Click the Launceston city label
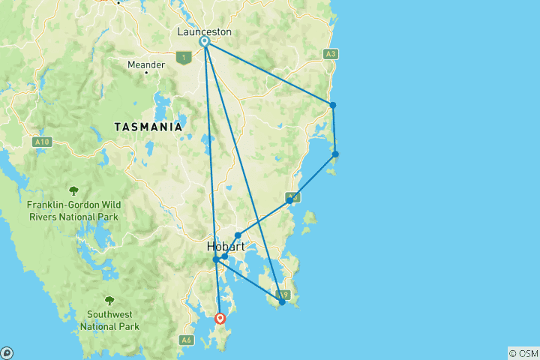click(x=204, y=31)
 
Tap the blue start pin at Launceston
click(x=204, y=42)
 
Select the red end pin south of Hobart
click(x=220, y=318)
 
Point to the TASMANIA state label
click(x=148, y=127)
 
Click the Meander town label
click(x=146, y=65)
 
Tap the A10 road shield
click(x=43, y=141)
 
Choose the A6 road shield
click(x=187, y=340)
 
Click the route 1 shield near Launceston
click(x=182, y=56)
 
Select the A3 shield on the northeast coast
click(x=331, y=54)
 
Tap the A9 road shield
click(x=283, y=295)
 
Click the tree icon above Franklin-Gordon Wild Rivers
click(x=73, y=190)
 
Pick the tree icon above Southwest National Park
click(x=109, y=300)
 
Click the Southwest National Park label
click(x=112, y=320)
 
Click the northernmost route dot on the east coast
click(x=332, y=105)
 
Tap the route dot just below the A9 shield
click(x=281, y=303)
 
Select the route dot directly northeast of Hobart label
click(x=238, y=235)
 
